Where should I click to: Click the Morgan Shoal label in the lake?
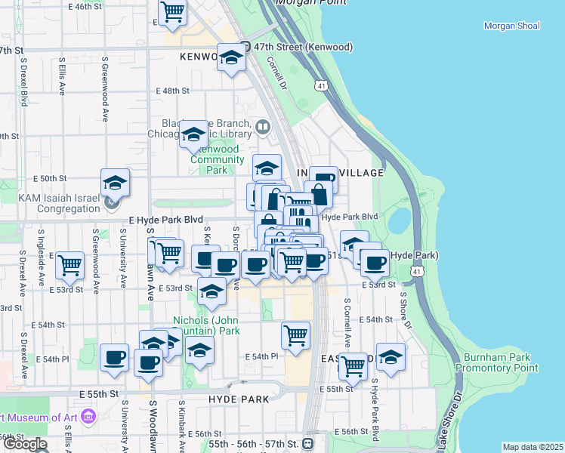click(511, 26)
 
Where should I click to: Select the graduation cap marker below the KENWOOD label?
click(231, 57)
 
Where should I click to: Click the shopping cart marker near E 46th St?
click(173, 11)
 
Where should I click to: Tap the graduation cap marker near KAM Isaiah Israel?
click(115, 183)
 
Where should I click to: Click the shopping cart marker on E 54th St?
click(295, 334)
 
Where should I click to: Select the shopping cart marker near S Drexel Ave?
click(69, 265)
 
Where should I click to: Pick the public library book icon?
click(263, 127)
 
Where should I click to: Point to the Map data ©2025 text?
click(532, 447)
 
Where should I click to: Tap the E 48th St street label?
click(172, 91)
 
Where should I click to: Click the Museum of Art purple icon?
click(88, 417)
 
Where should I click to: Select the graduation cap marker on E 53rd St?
click(211, 291)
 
